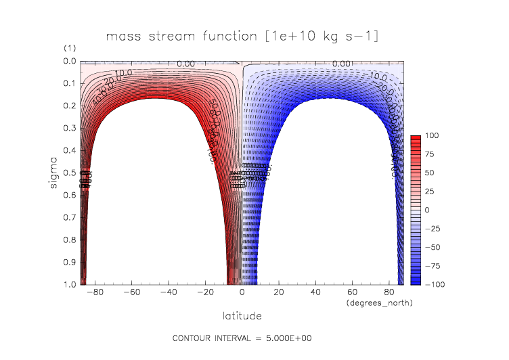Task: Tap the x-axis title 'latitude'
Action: pos(242,315)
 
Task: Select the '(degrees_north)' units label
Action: pos(379,302)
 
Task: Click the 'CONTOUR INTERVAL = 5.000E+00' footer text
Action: pos(242,338)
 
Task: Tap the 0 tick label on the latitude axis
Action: pos(243,294)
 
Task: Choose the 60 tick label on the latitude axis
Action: pos(351,294)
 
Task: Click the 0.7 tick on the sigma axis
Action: pos(70,217)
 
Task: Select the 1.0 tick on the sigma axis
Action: pos(70,284)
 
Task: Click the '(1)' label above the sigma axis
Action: pos(70,49)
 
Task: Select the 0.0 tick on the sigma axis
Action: pos(70,61)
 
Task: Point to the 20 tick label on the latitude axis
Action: pos(279,294)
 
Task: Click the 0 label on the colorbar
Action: pos(427,210)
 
